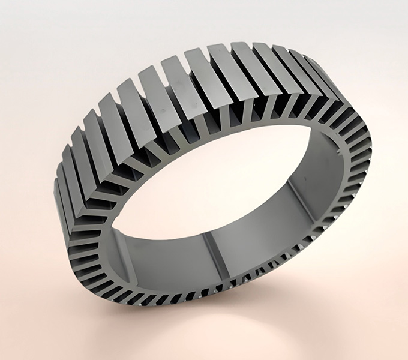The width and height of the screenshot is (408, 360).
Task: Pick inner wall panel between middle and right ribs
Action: click(x=258, y=234)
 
